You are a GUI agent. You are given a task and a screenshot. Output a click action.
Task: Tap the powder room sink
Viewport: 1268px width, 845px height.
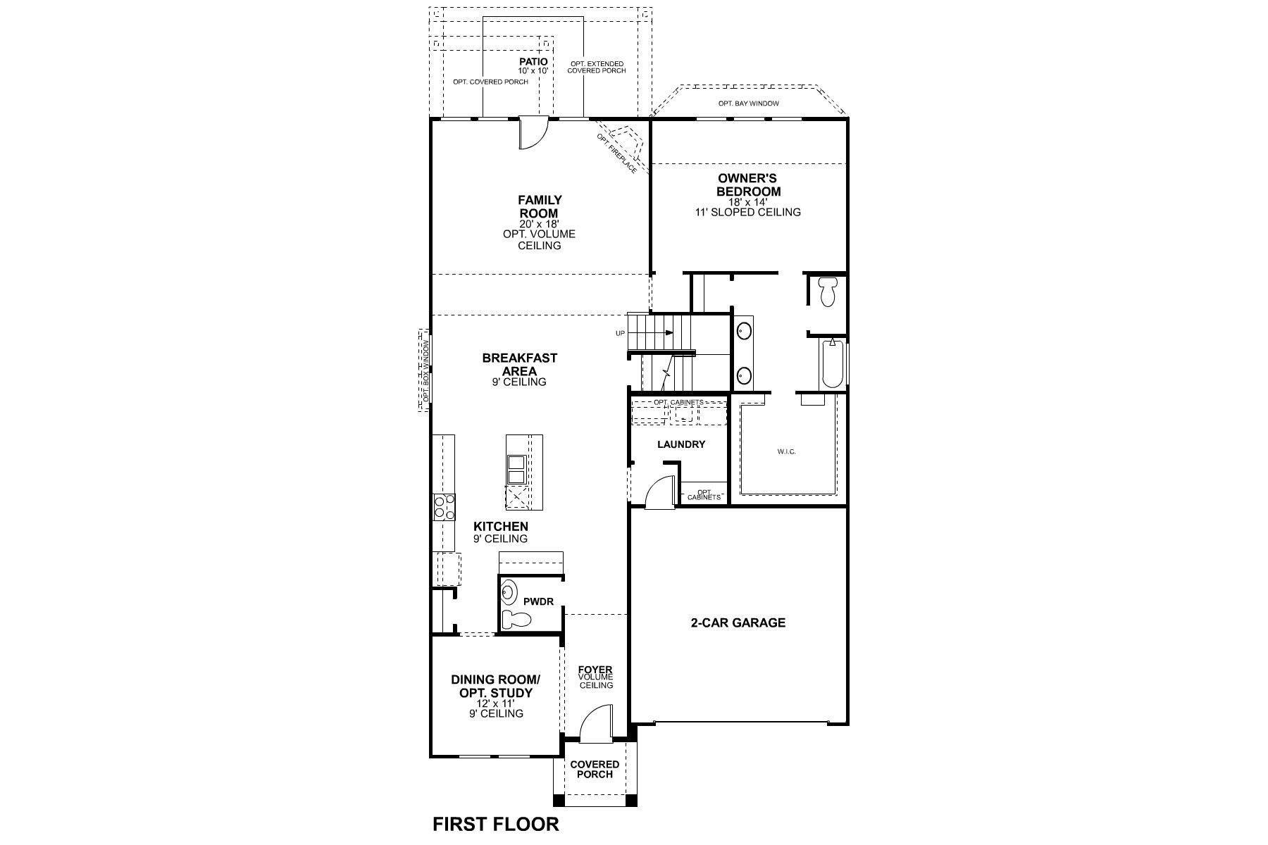[x=508, y=593]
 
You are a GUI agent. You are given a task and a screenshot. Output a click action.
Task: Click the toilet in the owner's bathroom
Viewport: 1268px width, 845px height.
[x=827, y=291]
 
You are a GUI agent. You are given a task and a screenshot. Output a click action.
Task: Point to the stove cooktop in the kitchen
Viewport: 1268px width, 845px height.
[x=444, y=507]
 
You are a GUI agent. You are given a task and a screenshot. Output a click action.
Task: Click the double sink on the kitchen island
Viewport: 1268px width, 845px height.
[x=516, y=470]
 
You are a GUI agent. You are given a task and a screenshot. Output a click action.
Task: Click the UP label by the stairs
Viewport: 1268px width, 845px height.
[x=620, y=333]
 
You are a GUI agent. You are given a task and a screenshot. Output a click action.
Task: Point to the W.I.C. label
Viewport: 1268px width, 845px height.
[x=787, y=451]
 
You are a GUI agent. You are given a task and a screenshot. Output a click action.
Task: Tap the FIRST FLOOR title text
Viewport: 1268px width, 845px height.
[x=495, y=824]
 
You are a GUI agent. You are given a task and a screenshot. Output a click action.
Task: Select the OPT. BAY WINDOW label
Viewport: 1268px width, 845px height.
[x=748, y=104]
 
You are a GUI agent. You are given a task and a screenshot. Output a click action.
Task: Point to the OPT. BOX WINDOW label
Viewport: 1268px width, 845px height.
[x=425, y=370]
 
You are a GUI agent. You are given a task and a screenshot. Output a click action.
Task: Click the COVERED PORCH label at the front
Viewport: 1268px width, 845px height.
[x=595, y=769]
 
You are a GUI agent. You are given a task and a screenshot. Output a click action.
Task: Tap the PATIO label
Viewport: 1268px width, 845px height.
[x=533, y=62]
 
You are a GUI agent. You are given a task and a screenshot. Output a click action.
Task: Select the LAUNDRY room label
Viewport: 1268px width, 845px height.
[x=680, y=444]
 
